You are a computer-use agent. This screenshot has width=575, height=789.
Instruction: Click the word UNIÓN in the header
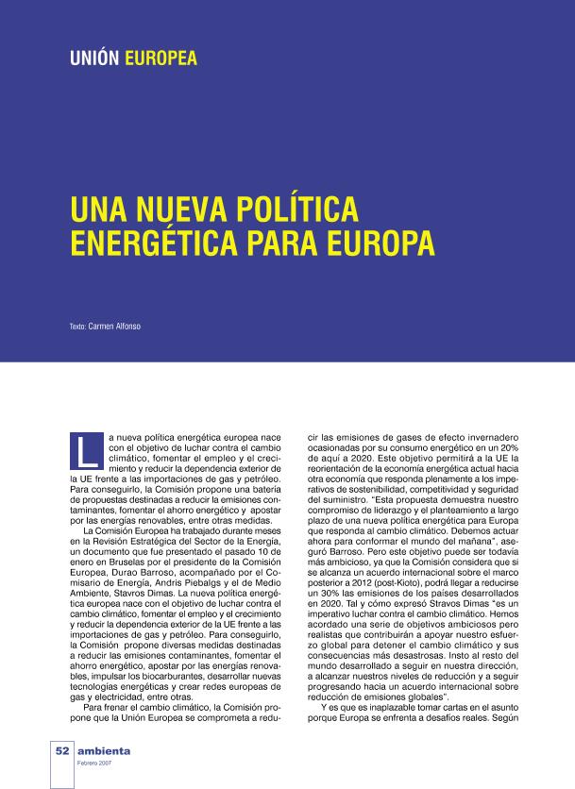93,59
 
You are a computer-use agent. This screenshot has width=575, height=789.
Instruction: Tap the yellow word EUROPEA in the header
161,59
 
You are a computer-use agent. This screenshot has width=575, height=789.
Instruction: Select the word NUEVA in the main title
169,209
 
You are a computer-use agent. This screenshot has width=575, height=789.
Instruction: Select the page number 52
62,750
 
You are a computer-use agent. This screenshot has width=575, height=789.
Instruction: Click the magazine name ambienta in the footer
105,750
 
